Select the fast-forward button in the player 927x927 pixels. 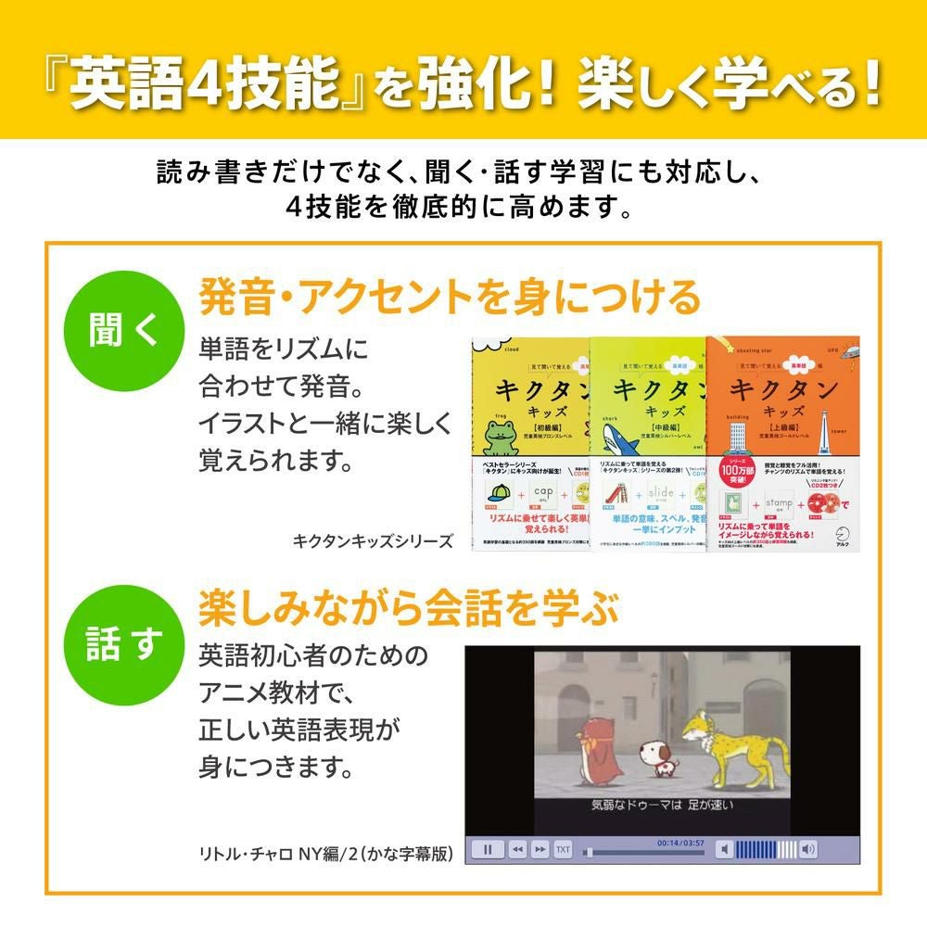click(540, 848)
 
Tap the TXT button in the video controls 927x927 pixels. click(563, 848)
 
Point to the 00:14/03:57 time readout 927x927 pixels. click(680, 843)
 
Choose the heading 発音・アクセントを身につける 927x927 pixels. click(450, 298)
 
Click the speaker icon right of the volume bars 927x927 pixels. click(808, 848)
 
